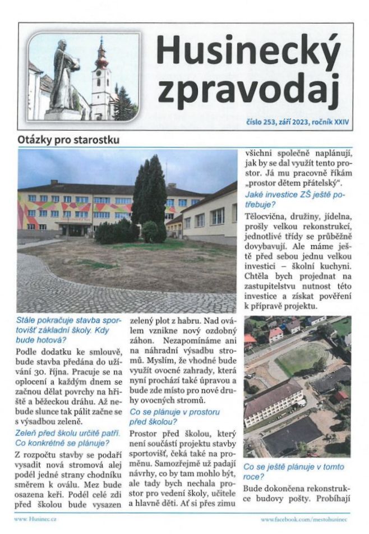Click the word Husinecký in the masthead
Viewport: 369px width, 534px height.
[248, 50]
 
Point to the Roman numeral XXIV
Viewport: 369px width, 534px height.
[339, 121]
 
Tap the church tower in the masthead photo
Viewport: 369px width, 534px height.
[101, 79]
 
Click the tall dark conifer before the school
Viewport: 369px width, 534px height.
[150, 191]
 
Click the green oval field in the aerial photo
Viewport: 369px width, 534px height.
[301, 359]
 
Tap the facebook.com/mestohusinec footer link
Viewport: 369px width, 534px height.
[305, 520]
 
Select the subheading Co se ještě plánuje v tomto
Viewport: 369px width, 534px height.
[294, 467]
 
